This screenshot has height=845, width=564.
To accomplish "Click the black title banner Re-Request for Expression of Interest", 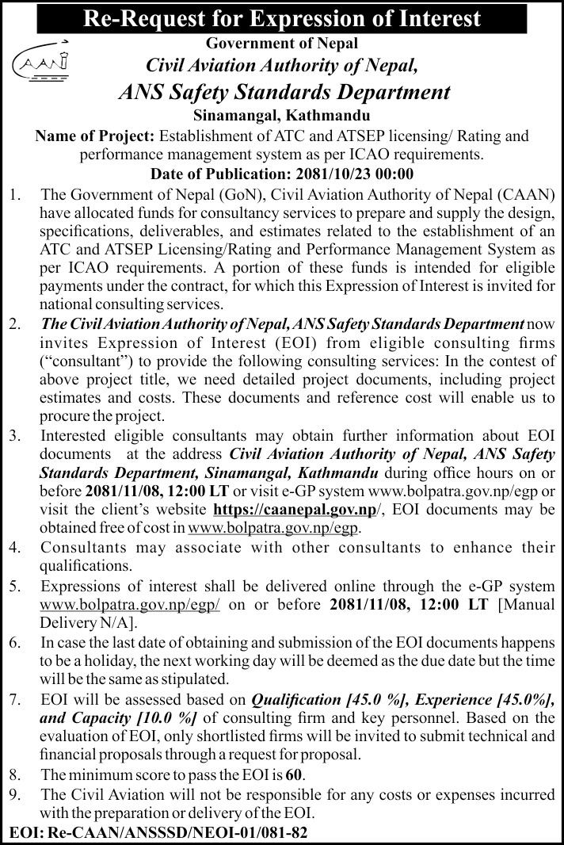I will (282, 17).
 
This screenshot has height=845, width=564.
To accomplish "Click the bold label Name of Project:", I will (94, 136).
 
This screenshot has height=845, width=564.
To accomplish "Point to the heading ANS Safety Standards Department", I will (283, 91).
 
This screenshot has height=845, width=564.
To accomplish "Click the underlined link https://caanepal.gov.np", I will (292, 510).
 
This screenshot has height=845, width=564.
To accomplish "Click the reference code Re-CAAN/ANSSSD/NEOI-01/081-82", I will (177, 833).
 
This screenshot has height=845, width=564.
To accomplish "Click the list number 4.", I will (14, 548).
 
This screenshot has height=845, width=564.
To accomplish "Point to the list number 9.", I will (14, 793).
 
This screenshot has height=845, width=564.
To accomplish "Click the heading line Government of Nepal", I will (282, 43).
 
